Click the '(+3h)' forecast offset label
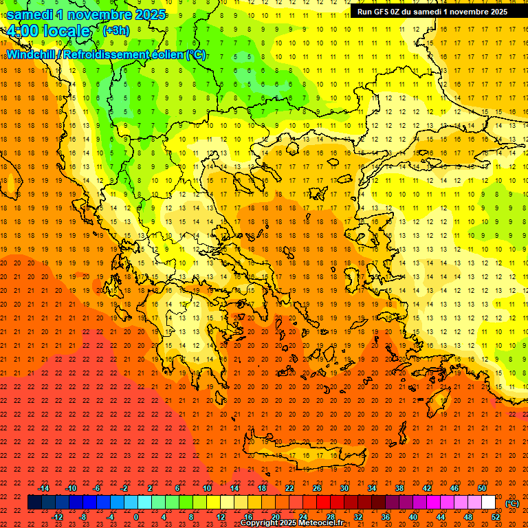click(x=115, y=30)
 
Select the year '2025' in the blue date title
click(x=148, y=14)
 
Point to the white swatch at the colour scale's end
click(x=488, y=503)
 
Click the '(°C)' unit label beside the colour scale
click(x=512, y=503)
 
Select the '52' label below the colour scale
click(x=496, y=517)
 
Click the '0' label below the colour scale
click(x=136, y=517)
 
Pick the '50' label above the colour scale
click(x=481, y=488)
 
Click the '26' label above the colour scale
click(x=317, y=488)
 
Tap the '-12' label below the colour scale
click(x=57, y=517)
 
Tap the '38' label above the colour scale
click(x=399, y=488)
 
